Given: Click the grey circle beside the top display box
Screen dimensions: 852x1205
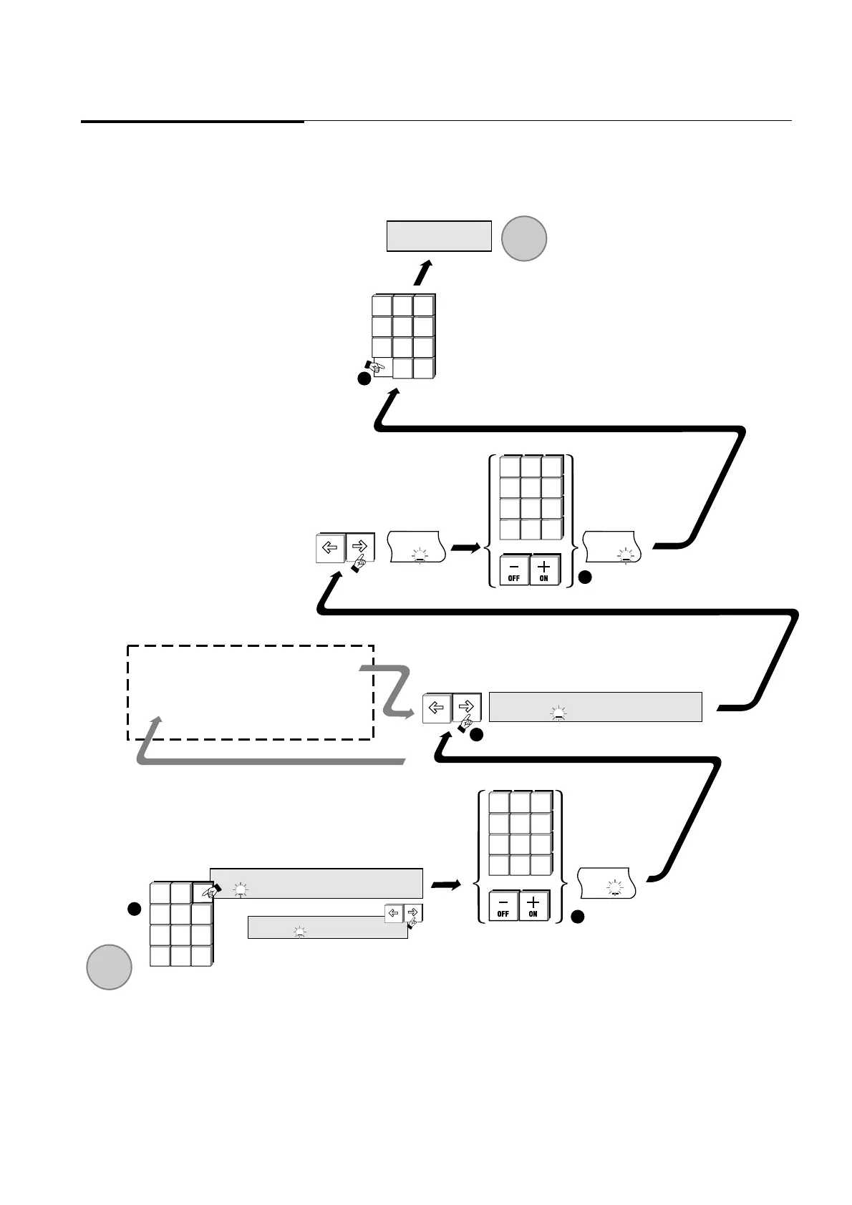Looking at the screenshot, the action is coord(524,238).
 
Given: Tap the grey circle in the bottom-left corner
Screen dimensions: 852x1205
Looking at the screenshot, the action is coord(109,967).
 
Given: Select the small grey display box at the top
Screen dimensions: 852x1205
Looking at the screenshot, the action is coord(439,236).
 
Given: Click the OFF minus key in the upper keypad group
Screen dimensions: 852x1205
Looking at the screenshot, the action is coord(514,570).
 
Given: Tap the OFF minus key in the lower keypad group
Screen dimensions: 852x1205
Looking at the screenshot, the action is coord(503,905).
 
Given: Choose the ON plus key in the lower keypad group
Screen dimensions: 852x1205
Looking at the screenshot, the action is coord(533,905).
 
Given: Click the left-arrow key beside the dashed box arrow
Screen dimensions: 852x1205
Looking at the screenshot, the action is coord(437,708).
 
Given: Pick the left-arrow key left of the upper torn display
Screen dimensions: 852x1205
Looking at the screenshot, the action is coord(331,548).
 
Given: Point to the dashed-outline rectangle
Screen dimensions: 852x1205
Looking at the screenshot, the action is coord(251,692).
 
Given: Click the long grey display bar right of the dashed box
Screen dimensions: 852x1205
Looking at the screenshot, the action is coord(595,707).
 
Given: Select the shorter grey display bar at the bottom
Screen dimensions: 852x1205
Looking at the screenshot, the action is coord(327,927).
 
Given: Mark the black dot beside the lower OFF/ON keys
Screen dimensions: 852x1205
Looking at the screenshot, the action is coord(577,916).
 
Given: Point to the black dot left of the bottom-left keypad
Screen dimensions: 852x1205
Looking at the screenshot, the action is coord(133,909).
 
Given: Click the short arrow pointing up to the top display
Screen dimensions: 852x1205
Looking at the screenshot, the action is coord(423,273).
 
